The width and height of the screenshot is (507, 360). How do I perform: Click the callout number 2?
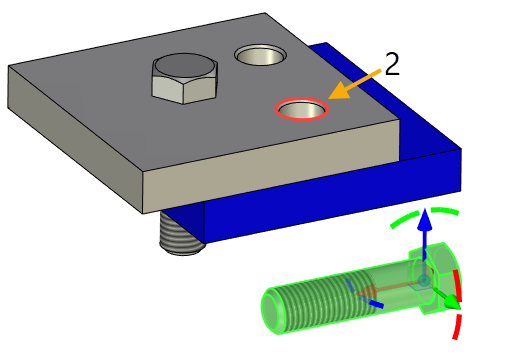pyautogui.click(x=392, y=64)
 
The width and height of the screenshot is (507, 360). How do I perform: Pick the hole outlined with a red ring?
pyautogui.click(x=303, y=108)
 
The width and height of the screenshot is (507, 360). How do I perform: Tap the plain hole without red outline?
pyautogui.click(x=260, y=56)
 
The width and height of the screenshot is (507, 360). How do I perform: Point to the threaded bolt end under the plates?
pyautogui.click(x=180, y=236)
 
